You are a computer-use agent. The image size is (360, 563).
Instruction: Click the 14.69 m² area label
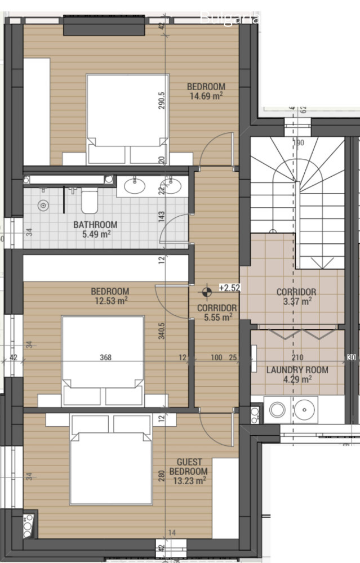click(206, 96)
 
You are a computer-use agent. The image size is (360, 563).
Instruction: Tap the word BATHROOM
click(95, 225)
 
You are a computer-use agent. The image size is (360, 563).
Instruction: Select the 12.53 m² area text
click(110, 301)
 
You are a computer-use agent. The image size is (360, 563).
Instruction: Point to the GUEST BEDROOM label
click(189, 467)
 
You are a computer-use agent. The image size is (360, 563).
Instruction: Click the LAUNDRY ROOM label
click(297, 370)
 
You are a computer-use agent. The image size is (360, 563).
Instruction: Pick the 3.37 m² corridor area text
click(296, 302)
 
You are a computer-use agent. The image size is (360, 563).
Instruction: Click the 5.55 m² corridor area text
click(217, 318)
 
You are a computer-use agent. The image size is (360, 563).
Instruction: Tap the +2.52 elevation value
click(229, 288)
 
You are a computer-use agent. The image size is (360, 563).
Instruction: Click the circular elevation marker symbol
click(207, 291)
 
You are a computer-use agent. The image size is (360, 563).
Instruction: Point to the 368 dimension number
click(105, 358)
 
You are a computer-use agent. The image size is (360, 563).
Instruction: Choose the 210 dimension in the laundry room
click(297, 358)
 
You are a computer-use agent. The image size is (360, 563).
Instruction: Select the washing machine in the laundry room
click(277, 409)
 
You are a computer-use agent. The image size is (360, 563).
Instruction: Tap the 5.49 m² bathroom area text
click(95, 234)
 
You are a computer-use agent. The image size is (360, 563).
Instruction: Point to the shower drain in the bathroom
click(43, 206)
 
